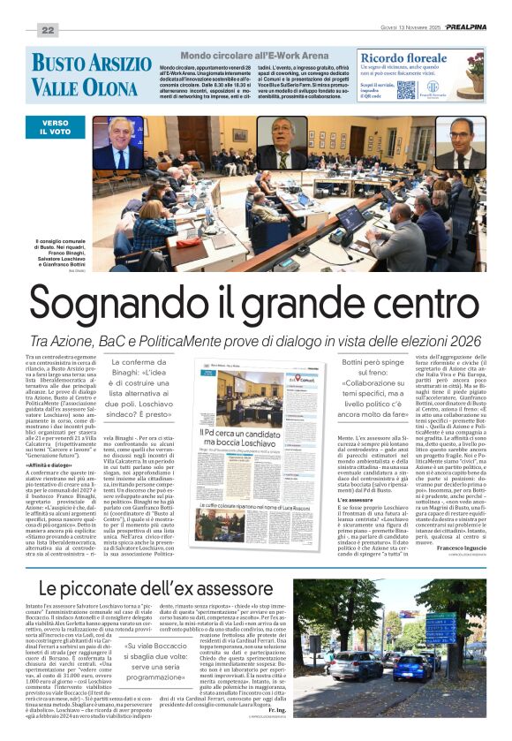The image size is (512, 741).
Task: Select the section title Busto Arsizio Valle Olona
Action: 91,74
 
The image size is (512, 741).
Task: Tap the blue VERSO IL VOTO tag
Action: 54,128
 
